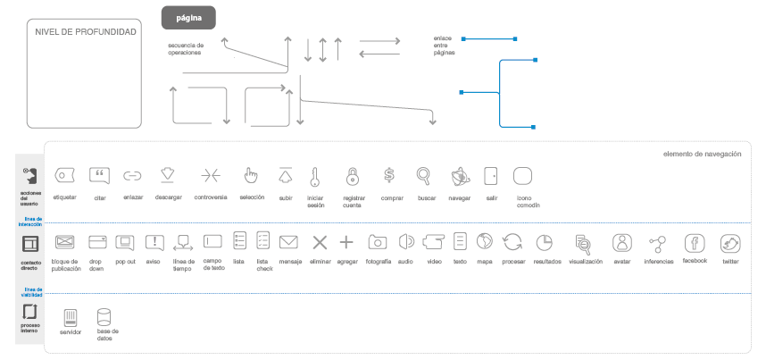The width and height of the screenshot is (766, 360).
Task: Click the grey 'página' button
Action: (188, 17)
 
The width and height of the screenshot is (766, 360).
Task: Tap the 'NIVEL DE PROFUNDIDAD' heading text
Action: (86, 32)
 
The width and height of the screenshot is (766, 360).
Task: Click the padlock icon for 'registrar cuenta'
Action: (353, 175)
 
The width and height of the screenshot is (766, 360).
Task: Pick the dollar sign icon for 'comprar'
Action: (388, 175)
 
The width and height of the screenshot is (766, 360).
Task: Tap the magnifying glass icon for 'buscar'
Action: (423, 175)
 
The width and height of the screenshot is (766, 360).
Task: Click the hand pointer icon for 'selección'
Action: (251, 175)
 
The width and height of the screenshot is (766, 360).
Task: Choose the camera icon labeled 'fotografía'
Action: (378, 242)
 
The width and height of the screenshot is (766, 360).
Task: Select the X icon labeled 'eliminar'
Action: (320, 242)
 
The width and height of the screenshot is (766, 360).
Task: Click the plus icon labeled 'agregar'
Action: (347, 242)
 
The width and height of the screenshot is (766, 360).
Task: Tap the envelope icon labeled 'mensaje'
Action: (288, 242)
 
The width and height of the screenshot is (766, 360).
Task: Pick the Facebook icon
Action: (695, 242)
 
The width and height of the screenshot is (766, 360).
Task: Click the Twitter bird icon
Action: (731, 242)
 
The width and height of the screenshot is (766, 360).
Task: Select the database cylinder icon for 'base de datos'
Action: (104, 316)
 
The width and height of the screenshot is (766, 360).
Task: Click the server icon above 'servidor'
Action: (71, 316)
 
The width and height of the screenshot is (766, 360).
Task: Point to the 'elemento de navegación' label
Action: (702, 155)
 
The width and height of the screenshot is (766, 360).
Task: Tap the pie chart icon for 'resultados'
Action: (545, 242)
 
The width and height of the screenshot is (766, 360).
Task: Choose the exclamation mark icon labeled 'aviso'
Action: (154, 242)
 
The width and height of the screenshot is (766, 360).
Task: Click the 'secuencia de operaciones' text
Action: (186, 48)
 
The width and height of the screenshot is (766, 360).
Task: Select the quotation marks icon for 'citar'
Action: (100, 175)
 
